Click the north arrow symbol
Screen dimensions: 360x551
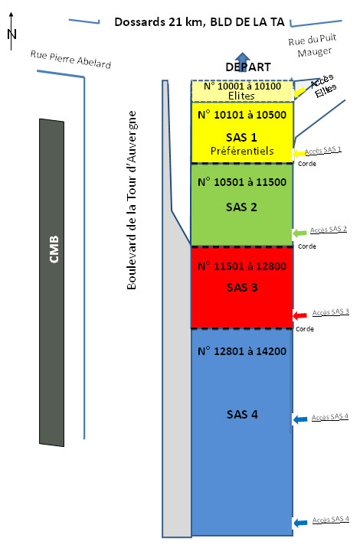click(x=11, y=31)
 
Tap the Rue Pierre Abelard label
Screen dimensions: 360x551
click(x=70, y=60)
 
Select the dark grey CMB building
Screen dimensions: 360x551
click(x=51, y=282)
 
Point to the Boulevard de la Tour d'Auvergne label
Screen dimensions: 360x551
click(x=132, y=201)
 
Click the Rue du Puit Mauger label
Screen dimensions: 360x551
click(x=313, y=46)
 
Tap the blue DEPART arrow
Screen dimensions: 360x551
click(x=243, y=61)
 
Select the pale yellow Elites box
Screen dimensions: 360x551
click(x=242, y=91)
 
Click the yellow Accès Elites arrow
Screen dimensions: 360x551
click(x=299, y=91)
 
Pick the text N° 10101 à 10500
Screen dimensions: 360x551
click(x=242, y=115)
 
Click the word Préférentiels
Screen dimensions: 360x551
click(x=242, y=151)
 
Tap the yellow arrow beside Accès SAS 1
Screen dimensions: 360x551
click(x=299, y=153)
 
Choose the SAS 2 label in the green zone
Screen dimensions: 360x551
click(x=241, y=207)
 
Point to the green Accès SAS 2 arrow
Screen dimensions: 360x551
click(x=299, y=233)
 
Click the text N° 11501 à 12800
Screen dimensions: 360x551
click(x=242, y=266)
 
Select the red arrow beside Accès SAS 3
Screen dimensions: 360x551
click(x=300, y=315)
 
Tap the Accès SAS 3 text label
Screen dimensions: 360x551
click(x=330, y=312)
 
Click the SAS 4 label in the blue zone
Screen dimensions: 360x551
click(x=242, y=415)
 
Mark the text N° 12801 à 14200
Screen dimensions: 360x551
click(x=242, y=351)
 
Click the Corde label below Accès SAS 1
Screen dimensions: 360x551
click(x=307, y=164)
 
